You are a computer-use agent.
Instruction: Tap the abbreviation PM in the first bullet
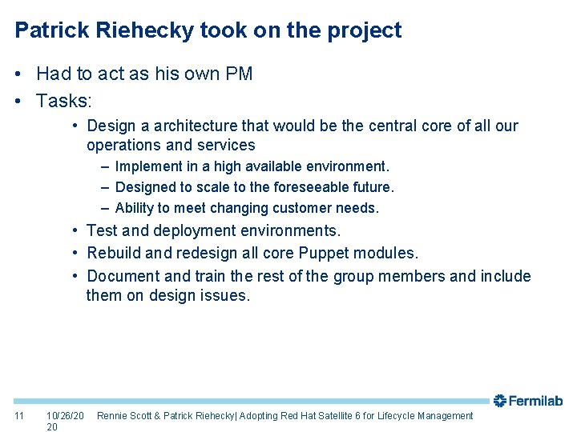239,74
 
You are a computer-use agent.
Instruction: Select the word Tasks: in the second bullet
64,102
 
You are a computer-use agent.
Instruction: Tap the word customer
303,208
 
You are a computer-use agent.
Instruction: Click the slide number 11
20,416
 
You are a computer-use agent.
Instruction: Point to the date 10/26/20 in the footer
65,416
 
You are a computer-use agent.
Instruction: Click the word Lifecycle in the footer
415,416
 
